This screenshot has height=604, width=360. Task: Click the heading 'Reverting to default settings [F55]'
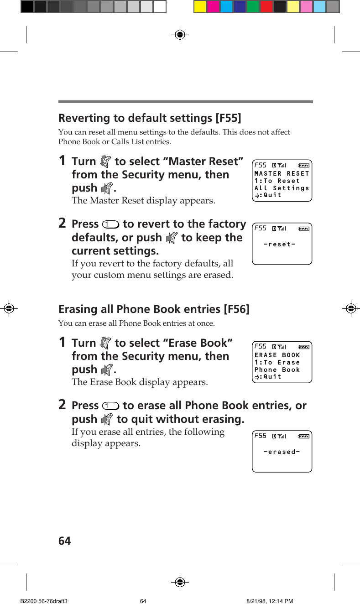(150, 118)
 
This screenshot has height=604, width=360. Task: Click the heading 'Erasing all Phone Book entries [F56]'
(154, 309)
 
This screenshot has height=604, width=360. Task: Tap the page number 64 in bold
(65, 541)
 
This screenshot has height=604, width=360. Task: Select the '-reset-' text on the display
(279, 245)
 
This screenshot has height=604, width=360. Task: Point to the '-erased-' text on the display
(282, 452)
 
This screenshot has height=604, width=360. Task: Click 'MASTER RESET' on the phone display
(282, 173)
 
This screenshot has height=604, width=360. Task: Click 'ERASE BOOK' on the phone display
(277, 355)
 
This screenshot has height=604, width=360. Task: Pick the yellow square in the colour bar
(200, 7)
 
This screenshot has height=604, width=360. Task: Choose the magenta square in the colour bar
(214, 7)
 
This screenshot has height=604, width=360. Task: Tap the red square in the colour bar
(266, 7)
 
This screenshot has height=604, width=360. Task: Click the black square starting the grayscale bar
(27, 7)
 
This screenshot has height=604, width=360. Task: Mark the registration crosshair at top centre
(180, 34)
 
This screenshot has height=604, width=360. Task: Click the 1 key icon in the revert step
(111, 224)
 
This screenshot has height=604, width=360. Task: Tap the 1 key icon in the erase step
(111, 406)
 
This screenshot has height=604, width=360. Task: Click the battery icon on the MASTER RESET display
(303, 165)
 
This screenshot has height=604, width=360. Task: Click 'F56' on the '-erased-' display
(260, 436)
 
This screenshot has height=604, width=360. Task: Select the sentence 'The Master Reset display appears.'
(143, 200)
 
